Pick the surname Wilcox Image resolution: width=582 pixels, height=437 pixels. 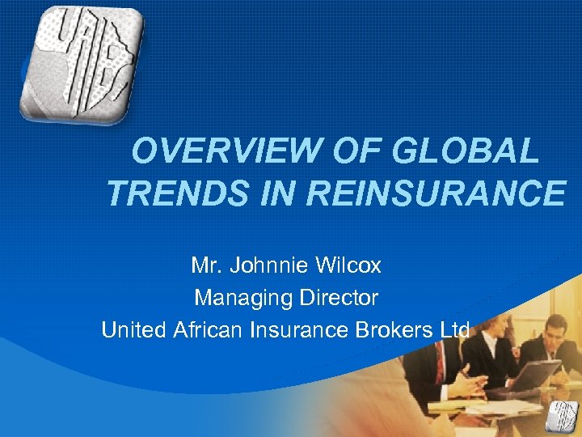coord(347,265)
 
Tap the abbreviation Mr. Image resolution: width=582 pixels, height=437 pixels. coord(205,265)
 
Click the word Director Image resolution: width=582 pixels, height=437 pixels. coord(339,298)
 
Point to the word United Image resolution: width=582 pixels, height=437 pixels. coord(134,330)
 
